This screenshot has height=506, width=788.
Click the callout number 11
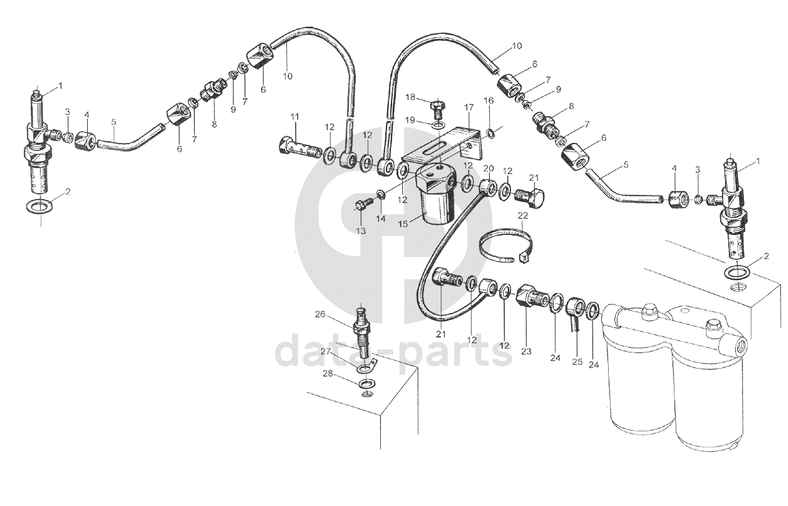[295, 117]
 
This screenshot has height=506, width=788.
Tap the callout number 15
[403, 224]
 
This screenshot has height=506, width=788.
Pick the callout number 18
[411, 98]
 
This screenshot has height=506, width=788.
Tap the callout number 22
[523, 216]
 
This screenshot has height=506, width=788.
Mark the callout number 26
[320, 314]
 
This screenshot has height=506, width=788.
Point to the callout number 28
[327, 374]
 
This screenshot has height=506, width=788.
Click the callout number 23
[526, 351]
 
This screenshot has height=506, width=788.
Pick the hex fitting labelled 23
[532, 295]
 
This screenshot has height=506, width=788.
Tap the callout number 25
[577, 362]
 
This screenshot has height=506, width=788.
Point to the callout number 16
[488, 101]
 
